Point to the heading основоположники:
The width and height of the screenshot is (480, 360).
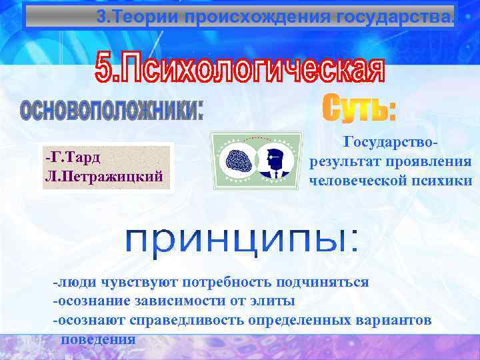coord(111,109)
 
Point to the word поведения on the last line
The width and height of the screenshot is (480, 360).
coord(99,339)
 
